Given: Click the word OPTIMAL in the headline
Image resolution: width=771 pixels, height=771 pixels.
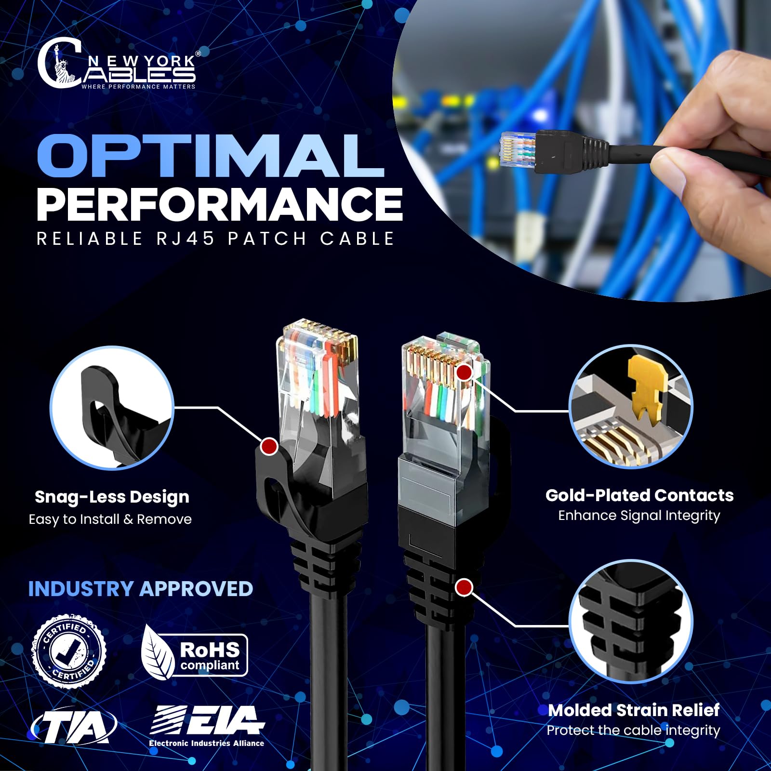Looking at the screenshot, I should pyautogui.click(x=211, y=156).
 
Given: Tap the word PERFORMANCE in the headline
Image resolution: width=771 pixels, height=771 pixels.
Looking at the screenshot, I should pyautogui.click(x=219, y=204).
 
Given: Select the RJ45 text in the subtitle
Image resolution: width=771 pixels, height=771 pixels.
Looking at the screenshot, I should pyautogui.click(x=186, y=239).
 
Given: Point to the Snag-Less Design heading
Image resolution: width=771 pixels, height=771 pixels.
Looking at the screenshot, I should pyautogui.click(x=112, y=497).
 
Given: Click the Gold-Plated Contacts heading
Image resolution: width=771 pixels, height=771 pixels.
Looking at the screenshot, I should pyautogui.click(x=639, y=495).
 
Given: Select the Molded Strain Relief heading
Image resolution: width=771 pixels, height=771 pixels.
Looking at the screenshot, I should pyautogui.click(x=634, y=710).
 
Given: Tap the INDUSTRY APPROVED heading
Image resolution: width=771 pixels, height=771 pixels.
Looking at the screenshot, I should pyautogui.click(x=140, y=589).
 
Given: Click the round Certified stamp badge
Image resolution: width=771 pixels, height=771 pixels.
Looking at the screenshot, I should pyautogui.click(x=69, y=651).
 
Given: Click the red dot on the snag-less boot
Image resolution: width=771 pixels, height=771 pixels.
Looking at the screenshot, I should pyautogui.click(x=269, y=446).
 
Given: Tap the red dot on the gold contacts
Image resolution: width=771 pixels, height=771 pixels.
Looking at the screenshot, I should pyautogui.click(x=464, y=372).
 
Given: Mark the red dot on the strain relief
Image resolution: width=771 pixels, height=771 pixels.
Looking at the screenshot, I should pyautogui.click(x=464, y=587).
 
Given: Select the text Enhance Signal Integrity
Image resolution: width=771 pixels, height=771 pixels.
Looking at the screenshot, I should pyautogui.click(x=639, y=516).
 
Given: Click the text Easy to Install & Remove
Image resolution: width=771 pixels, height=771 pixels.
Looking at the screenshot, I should pyautogui.click(x=110, y=519).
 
